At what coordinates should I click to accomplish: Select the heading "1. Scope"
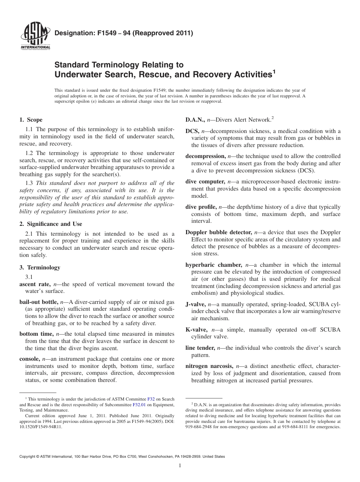click(31, 120)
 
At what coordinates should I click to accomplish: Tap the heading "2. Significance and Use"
click(50, 224)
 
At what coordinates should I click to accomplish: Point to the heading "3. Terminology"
click(39, 268)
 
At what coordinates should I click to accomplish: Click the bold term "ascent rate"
click(34, 284)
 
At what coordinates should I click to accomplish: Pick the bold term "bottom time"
click(36, 334)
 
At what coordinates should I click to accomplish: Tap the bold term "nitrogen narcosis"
click(209, 366)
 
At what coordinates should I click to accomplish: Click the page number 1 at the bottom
click(180, 466)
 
